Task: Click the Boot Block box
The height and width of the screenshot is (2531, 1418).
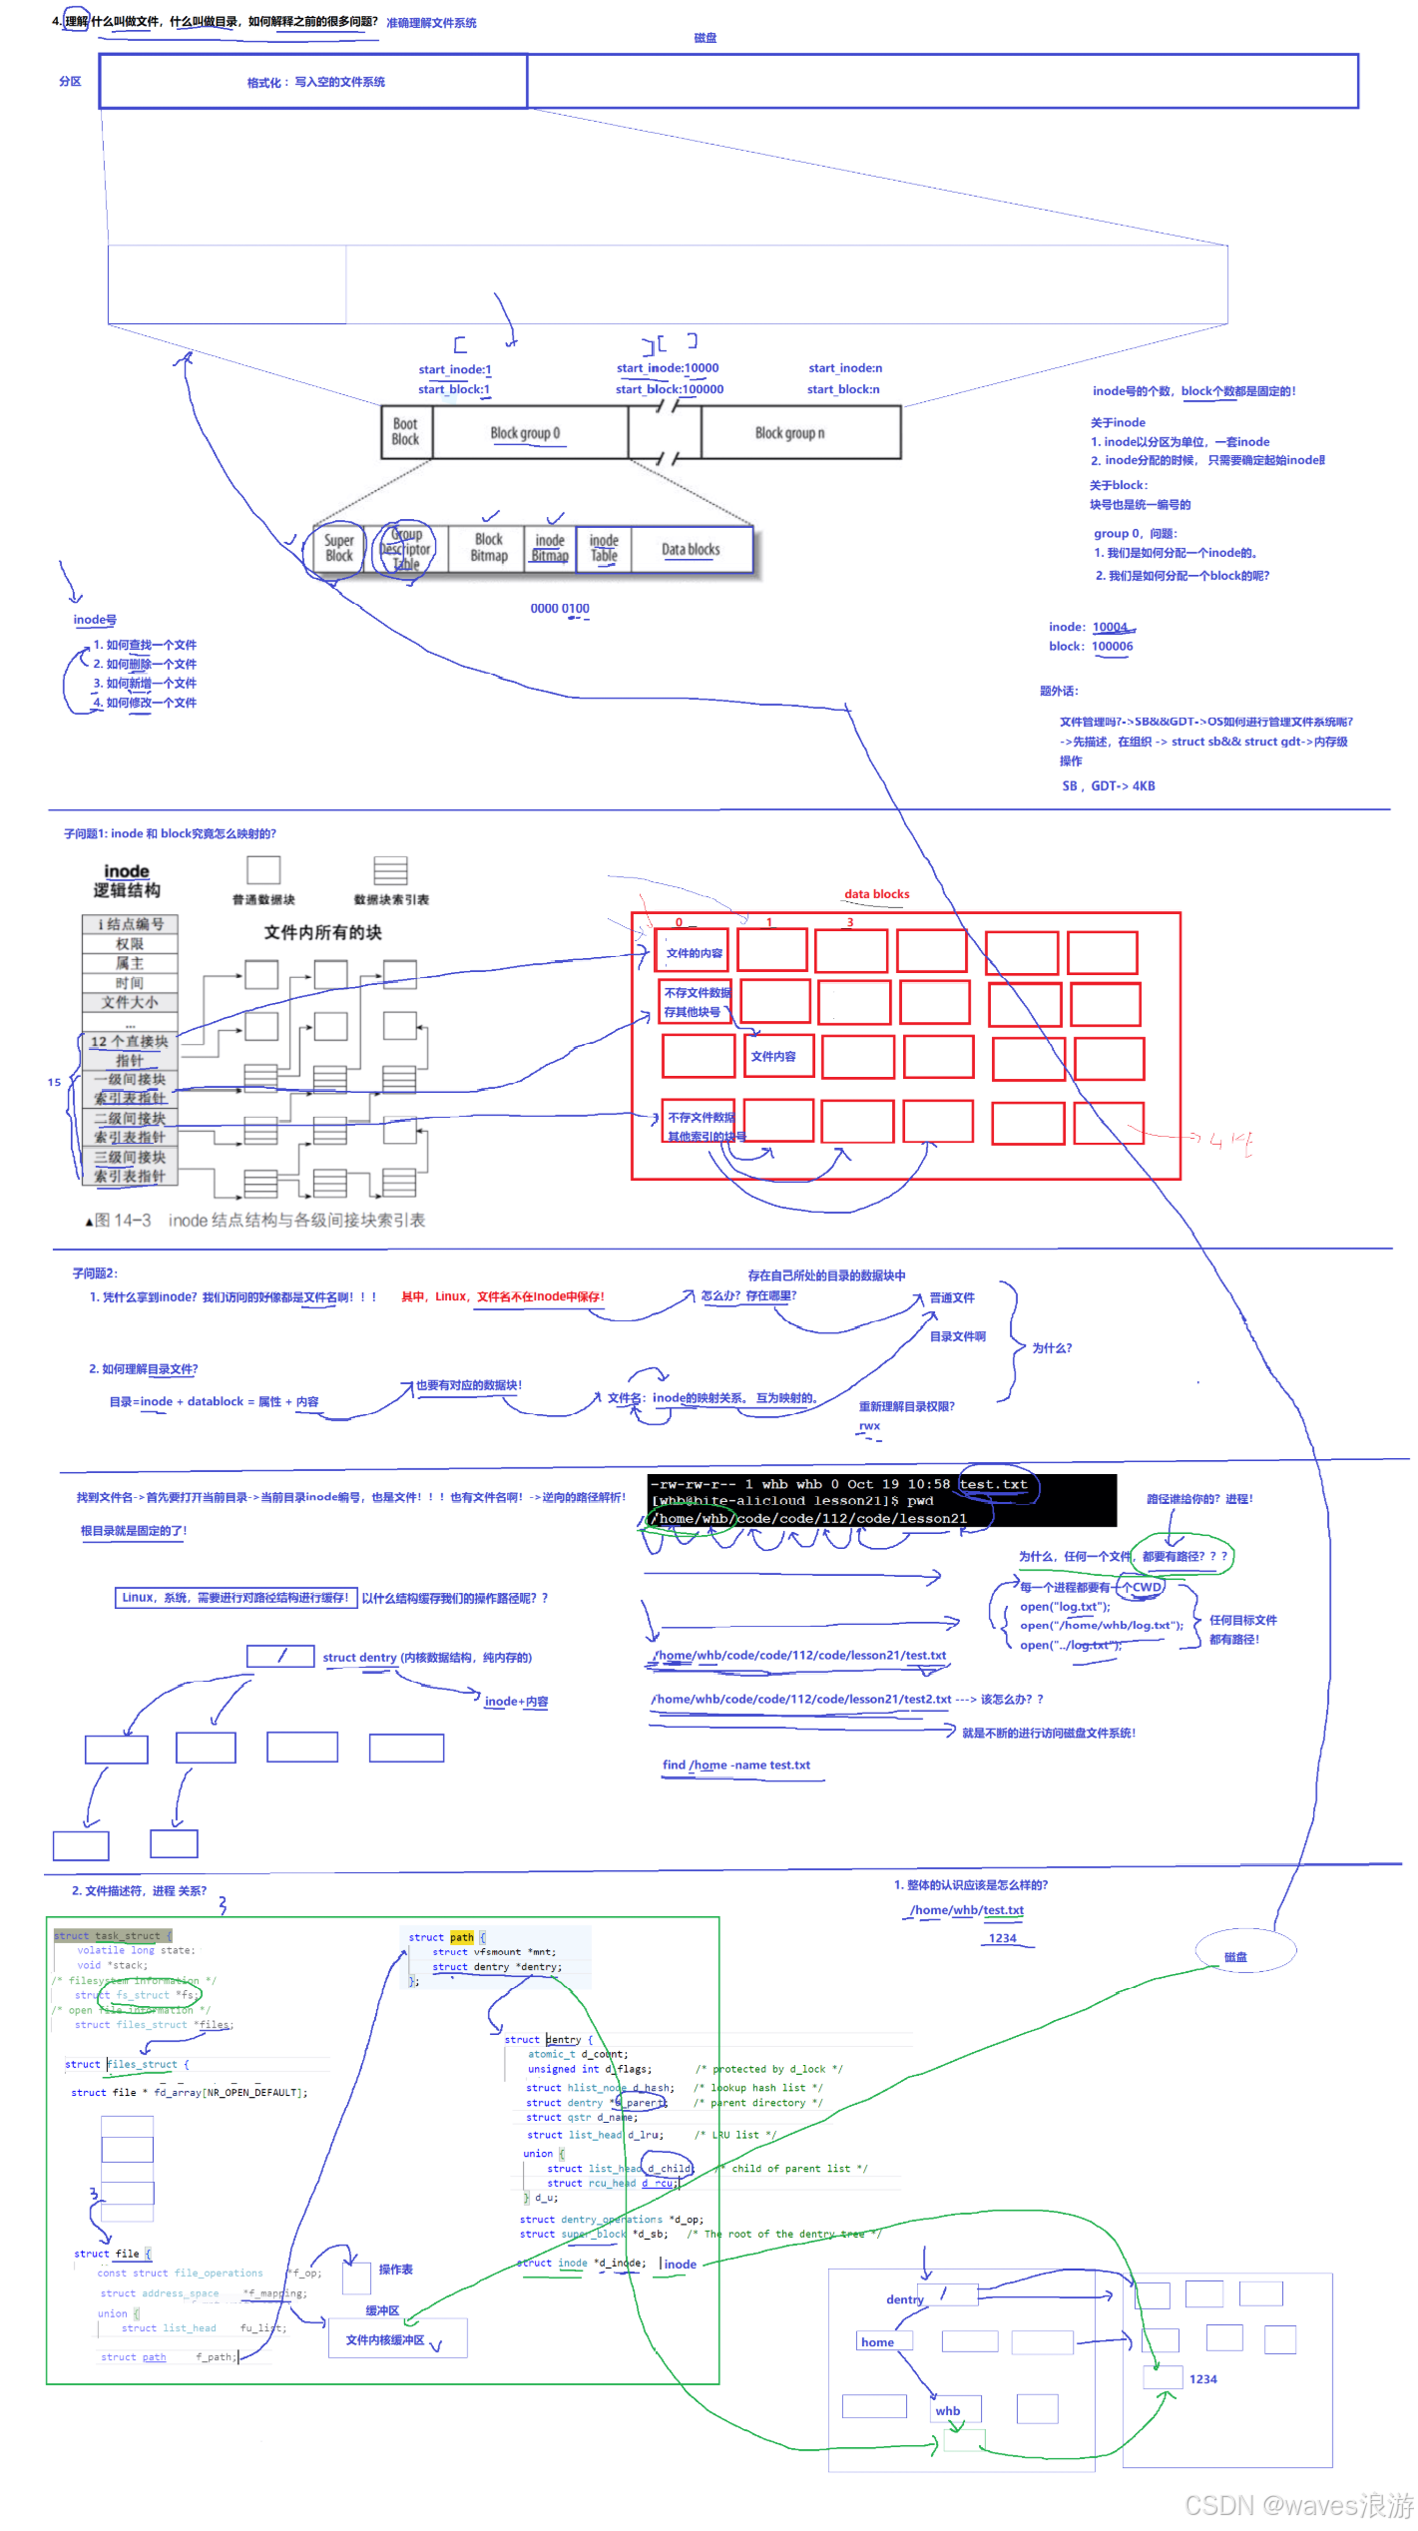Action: point(405,432)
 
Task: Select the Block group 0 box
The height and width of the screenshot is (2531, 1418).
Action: point(526,433)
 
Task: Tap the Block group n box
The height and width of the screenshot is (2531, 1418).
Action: point(790,433)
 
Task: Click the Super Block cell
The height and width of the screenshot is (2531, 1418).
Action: point(339,548)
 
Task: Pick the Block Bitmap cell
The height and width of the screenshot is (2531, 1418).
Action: point(489,548)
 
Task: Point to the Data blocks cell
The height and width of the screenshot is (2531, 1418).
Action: point(691,550)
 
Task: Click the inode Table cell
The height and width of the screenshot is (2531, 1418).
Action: point(604,548)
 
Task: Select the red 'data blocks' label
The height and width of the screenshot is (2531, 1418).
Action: point(876,894)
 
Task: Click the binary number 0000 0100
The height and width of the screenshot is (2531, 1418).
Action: point(560,609)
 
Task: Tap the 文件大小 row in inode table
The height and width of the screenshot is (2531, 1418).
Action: point(130,1002)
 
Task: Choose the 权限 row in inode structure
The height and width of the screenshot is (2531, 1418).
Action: point(130,944)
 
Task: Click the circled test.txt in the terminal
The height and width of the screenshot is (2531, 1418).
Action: point(993,1484)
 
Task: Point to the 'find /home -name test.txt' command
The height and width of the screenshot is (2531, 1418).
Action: point(736,1765)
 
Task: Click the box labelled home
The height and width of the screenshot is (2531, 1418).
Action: point(878,2341)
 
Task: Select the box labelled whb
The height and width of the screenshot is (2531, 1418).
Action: point(948,2410)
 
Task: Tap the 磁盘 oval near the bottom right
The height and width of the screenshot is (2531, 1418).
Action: point(1236,1957)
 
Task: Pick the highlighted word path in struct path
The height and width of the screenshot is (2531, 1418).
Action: point(462,1937)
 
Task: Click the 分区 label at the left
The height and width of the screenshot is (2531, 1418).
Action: point(70,82)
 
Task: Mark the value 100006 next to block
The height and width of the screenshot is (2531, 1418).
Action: point(1112,647)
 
